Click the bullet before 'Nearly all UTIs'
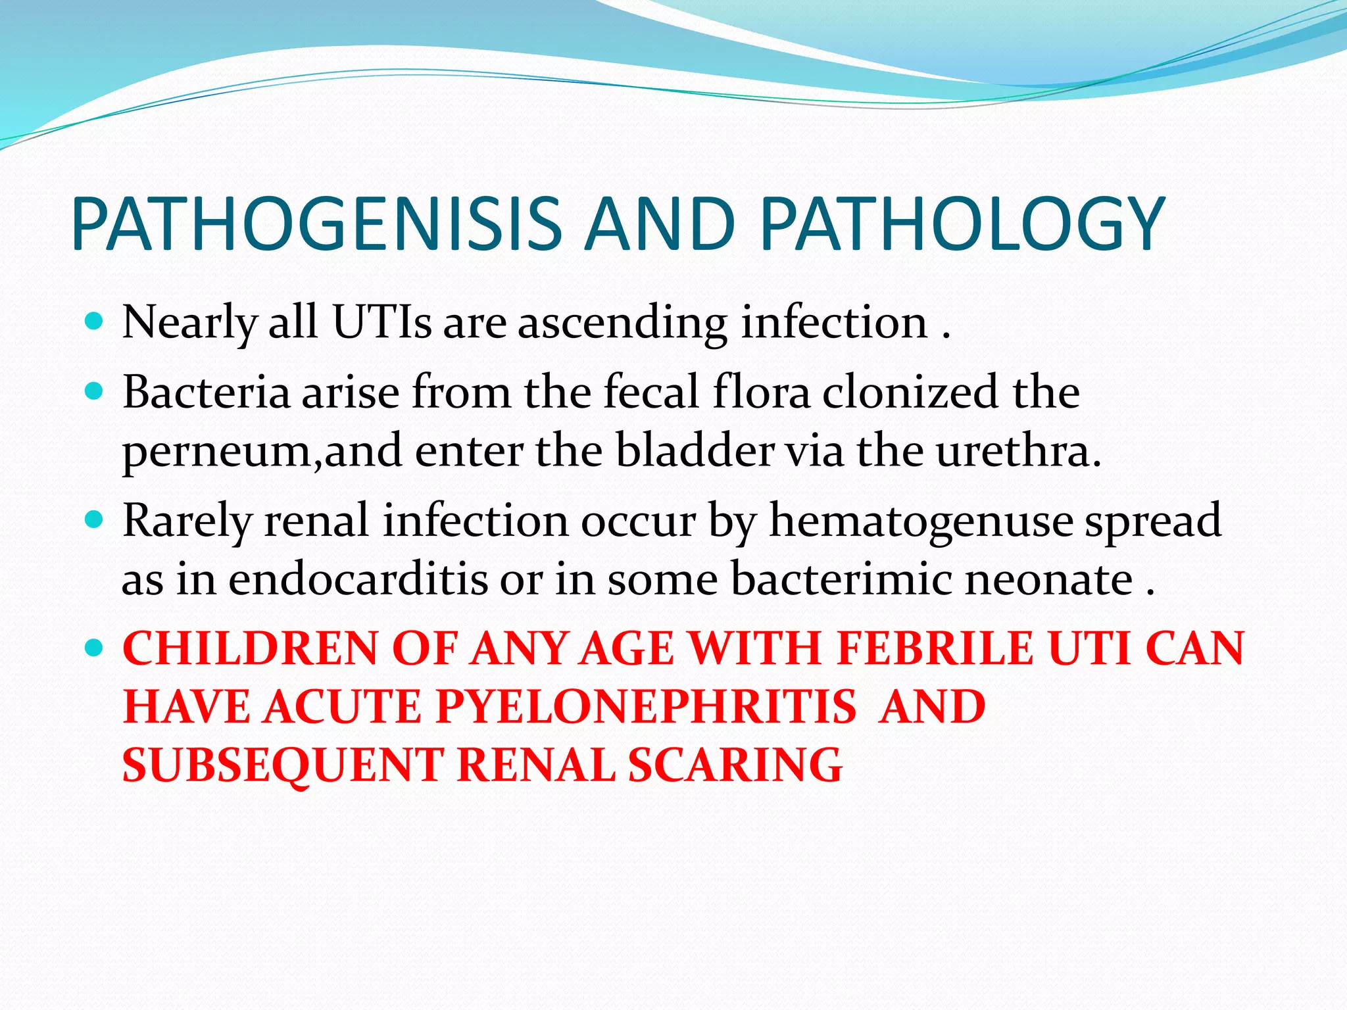click(x=95, y=322)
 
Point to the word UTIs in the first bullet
click(x=382, y=323)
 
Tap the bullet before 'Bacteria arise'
click(x=95, y=392)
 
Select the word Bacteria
click(x=206, y=393)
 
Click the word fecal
click(x=651, y=393)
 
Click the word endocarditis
click(x=358, y=580)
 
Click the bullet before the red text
click(x=95, y=648)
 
